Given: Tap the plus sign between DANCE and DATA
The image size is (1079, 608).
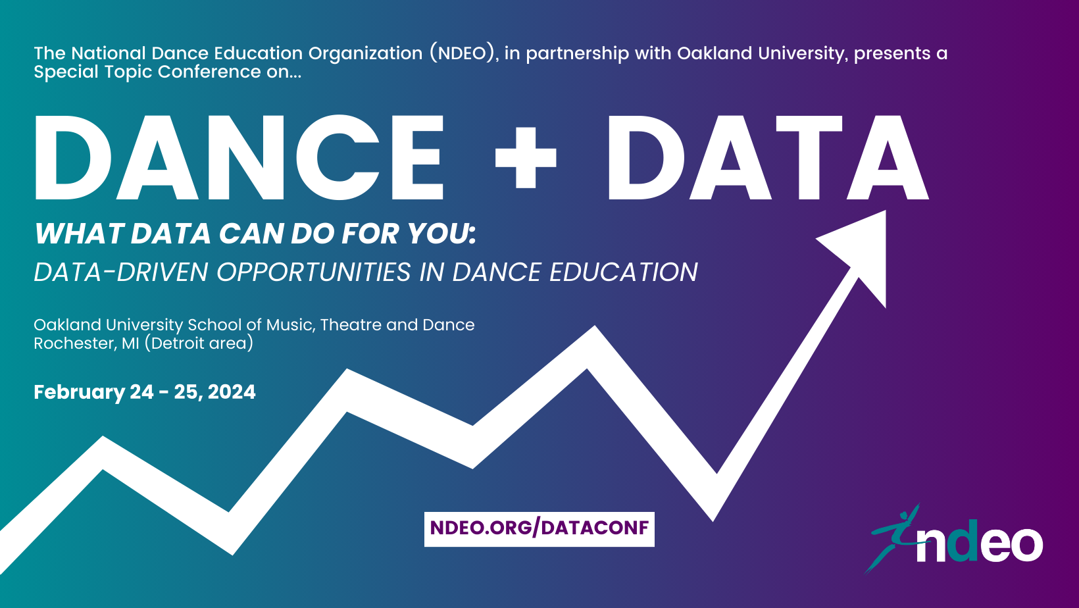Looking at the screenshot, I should tap(526, 158).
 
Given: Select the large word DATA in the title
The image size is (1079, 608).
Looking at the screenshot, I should tap(767, 158).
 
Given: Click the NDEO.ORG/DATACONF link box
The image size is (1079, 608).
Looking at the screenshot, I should tap(539, 528).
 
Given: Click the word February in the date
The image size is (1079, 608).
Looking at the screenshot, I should tap(79, 392).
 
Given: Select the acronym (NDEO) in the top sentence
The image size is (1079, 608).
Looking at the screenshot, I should tap(462, 53).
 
